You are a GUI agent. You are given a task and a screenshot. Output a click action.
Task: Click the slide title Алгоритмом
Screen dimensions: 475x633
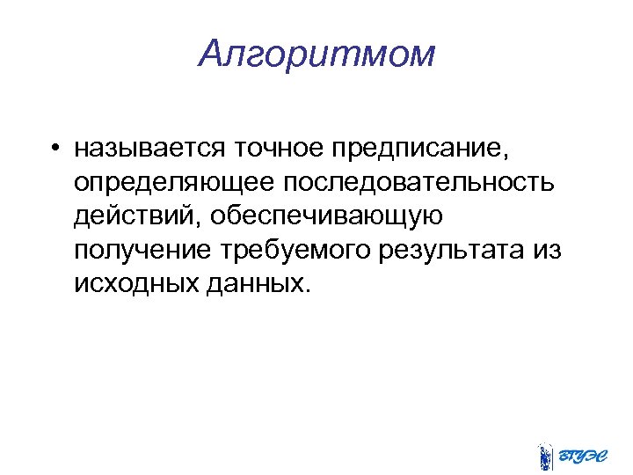pyautogui.click(x=316, y=55)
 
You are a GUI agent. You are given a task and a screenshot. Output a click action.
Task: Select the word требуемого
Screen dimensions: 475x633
pyautogui.click(x=295, y=251)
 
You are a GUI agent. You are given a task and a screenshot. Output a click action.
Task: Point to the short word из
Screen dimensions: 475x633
pyautogui.click(x=547, y=251)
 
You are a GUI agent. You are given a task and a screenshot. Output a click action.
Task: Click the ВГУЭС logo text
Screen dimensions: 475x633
pyautogui.click(x=582, y=456)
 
